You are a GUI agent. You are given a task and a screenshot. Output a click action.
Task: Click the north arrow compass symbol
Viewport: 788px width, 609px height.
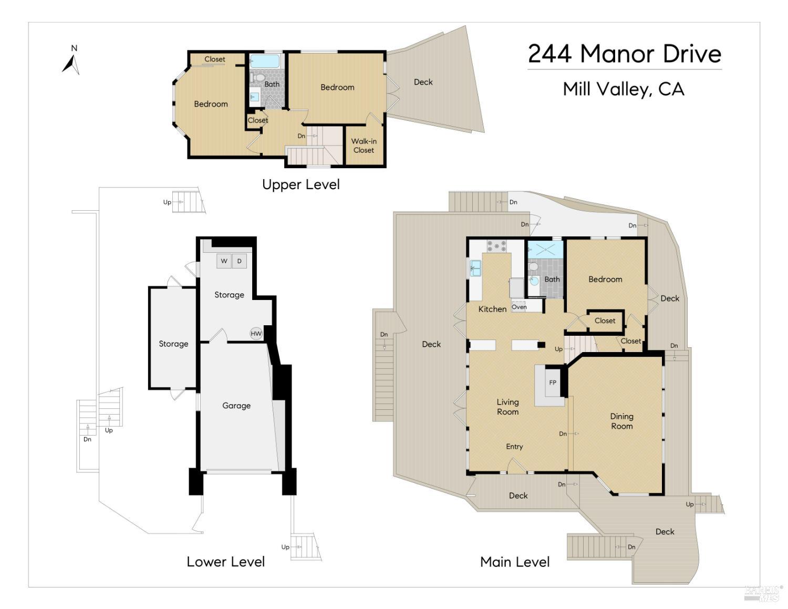(x=71, y=63)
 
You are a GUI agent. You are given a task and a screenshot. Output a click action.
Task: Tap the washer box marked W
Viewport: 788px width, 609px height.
(x=224, y=261)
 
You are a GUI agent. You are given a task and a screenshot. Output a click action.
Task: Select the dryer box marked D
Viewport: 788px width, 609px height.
(x=240, y=261)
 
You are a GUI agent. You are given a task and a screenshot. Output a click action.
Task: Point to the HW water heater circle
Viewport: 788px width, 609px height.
(x=256, y=334)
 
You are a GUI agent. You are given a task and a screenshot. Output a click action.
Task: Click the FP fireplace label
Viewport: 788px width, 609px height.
(x=553, y=383)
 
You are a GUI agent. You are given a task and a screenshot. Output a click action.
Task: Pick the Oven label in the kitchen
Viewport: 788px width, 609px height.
(x=519, y=307)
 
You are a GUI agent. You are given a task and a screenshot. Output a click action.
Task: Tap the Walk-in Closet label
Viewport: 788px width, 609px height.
(x=364, y=146)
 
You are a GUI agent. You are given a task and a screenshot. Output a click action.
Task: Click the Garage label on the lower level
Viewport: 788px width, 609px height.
(x=236, y=406)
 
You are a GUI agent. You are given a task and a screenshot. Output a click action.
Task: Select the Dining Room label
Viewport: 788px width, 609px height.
(x=621, y=421)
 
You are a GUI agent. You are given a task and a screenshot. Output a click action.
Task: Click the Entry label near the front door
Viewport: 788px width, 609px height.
(x=514, y=447)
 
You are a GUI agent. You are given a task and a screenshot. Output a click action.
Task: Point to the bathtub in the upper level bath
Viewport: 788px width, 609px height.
(x=265, y=61)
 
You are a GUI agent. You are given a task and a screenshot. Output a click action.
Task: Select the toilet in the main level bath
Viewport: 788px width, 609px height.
(x=534, y=267)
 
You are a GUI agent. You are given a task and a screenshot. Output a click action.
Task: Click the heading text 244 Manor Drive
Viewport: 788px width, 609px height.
(x=625, y=54)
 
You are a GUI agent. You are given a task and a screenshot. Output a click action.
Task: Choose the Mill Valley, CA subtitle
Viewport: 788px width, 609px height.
(x=624, y=89)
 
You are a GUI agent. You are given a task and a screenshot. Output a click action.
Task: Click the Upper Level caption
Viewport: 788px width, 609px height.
(x=301, y=184)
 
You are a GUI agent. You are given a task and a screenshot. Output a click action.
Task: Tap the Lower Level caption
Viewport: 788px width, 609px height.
(x=226, y=562)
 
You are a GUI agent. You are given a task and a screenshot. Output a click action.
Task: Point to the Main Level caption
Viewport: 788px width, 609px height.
(x=515, y=562)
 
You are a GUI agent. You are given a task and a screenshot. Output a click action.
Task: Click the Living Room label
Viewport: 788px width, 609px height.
(x=507, y=407)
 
